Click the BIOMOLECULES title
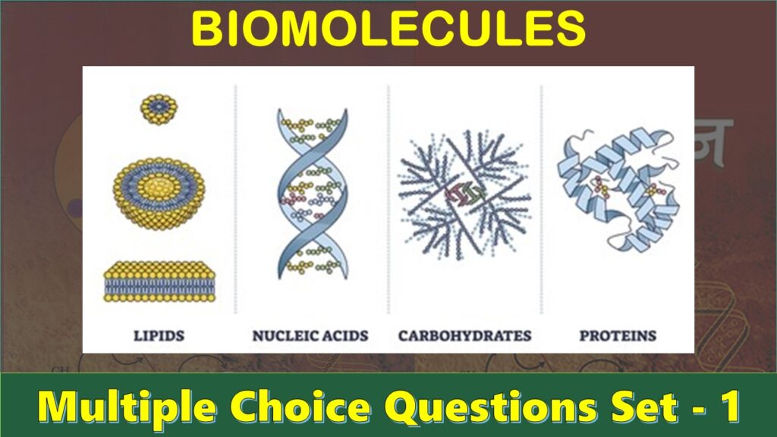click(388, 30)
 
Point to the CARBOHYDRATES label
click(464, 335)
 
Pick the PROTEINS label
click(618, 335)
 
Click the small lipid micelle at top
click(159, 108)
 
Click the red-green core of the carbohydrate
click(462, 196)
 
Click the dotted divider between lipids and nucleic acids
click(235, 197)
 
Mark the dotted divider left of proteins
click(542, 197)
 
